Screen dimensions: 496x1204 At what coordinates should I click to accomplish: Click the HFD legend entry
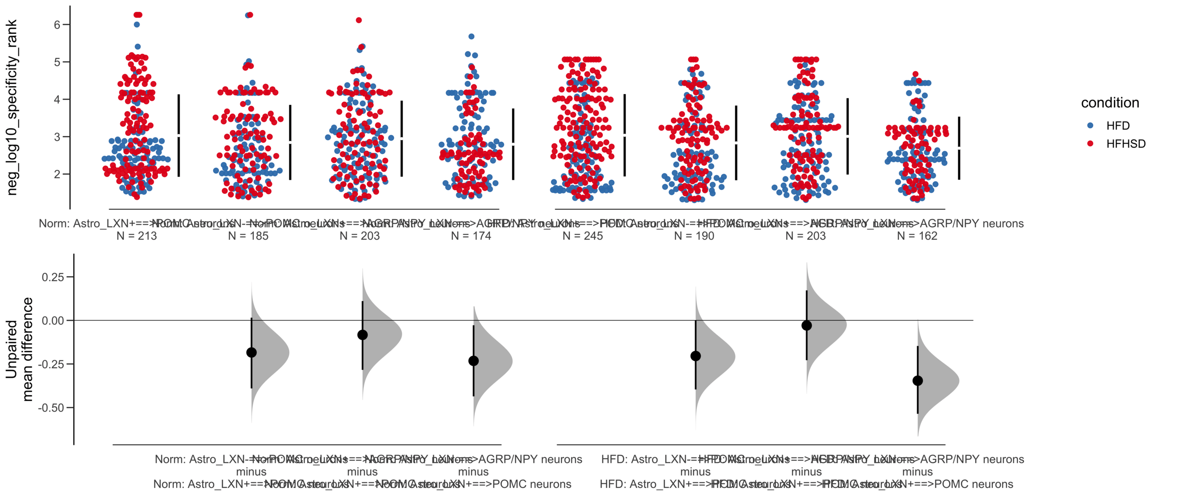1117,126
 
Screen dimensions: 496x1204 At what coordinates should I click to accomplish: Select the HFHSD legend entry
1125,144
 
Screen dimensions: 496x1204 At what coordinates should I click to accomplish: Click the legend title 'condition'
1109,103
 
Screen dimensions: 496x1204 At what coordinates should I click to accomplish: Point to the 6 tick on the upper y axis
57,25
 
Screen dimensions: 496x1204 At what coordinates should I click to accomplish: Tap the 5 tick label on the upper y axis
57,62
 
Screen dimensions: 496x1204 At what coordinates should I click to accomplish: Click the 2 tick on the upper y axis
57,174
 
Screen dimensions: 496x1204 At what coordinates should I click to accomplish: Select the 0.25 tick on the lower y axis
53,277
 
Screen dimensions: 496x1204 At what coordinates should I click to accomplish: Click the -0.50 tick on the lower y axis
51,408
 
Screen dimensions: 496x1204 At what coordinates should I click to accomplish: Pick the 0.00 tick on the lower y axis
53,321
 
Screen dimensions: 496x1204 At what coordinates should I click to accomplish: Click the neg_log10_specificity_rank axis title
12,107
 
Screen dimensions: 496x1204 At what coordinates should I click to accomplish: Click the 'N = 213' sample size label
136,236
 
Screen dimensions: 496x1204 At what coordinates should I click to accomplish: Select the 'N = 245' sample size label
582,236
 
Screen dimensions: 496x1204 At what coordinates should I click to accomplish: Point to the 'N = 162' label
917,236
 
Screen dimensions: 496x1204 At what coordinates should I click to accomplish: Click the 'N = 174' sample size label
471,236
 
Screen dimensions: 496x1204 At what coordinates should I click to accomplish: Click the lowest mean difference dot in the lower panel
917,381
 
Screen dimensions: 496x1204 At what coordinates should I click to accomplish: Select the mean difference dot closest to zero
806,325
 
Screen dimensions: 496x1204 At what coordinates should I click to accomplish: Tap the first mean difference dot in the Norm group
251,352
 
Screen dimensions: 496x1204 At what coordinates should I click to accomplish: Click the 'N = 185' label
248,236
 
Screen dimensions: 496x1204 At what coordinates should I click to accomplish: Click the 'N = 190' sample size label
694,236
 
